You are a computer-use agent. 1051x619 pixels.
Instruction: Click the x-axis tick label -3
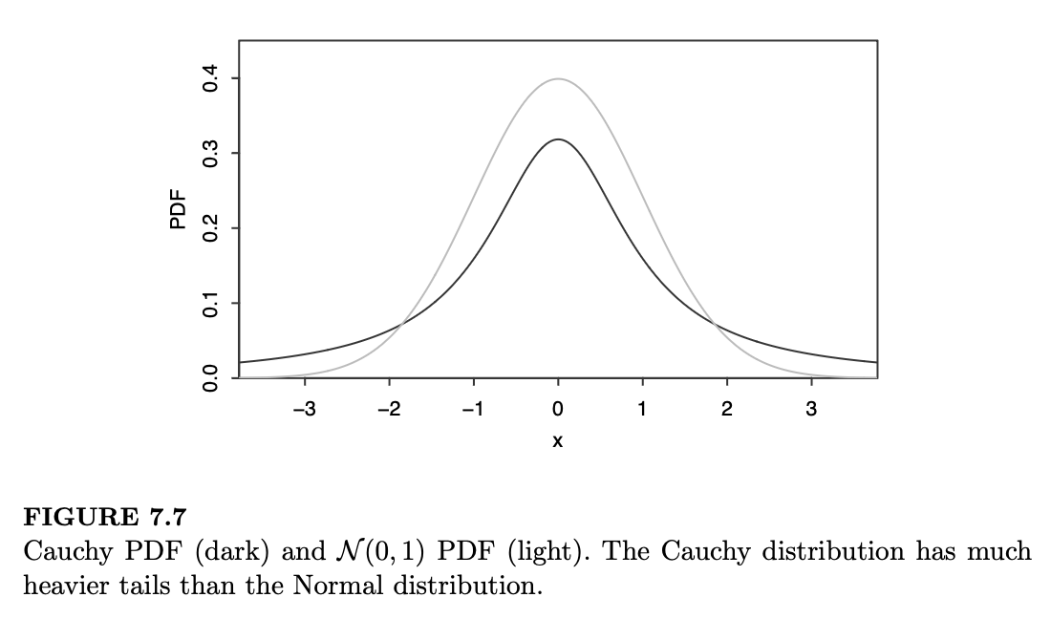pos(303,409)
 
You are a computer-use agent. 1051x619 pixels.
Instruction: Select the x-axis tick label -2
pos(387,409)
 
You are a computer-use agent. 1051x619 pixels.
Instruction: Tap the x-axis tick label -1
pos(471,409)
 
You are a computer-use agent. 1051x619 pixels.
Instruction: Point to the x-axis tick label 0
pos(558,409)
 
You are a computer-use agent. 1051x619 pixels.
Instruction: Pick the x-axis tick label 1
pos(642,409)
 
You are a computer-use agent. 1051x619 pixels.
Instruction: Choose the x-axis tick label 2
pos(726,409)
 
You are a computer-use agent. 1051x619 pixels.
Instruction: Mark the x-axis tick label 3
pos(811,409)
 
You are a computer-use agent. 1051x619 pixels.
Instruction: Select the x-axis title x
pos(558,441)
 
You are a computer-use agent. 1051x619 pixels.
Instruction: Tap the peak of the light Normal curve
pos(558,79)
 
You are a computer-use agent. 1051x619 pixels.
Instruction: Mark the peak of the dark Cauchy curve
pos(558,140)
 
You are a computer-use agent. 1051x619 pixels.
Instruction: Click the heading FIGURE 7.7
pos(104,519)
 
